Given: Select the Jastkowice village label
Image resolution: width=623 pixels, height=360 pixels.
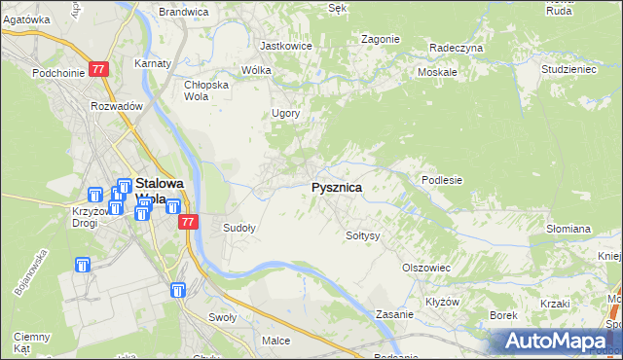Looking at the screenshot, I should point(285,46).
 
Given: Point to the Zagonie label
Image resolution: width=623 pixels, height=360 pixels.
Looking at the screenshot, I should point(380,39).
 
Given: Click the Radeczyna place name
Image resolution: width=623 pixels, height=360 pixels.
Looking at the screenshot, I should point(456,47).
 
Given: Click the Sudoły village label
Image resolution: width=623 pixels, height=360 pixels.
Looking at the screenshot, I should point(239,229).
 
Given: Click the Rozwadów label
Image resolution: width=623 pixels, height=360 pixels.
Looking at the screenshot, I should point(117,106).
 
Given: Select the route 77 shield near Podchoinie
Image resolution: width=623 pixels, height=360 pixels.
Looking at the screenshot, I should point(98,70).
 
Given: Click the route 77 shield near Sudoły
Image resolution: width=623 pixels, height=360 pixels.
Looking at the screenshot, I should point(190,222).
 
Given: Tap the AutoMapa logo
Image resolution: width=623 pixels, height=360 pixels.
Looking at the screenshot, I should point(560,341).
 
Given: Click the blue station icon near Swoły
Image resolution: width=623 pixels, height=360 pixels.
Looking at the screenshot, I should point(178,290).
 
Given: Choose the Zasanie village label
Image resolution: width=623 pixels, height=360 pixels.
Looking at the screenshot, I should point(396,315).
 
